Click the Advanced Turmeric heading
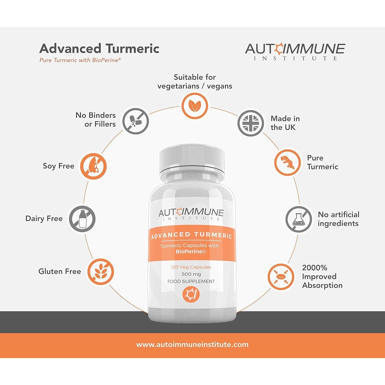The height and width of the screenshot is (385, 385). click(x=99, y=49)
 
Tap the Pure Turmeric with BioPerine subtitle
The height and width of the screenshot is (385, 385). click(x=80, y=60)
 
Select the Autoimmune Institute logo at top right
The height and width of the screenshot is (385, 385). click(x=295, y=51)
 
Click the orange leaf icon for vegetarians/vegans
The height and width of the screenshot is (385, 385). click(x=195, y=106)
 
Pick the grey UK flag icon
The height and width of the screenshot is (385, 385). click(x=251, y=123)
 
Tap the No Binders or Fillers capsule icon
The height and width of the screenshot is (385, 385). click(x=136, y=121)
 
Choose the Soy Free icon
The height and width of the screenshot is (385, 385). click(x=93, y=166)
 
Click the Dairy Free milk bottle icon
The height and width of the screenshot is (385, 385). click(x=82, y=219)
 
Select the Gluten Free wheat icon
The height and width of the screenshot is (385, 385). click(x=100, y=272)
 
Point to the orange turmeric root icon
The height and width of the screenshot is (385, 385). click(x=287, y=162)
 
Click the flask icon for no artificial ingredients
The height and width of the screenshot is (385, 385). click(x=299, y=219)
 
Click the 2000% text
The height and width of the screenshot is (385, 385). click(x=315, y=268)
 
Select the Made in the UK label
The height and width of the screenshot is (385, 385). click(x=285, y=123)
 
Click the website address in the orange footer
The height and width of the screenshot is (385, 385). click(x=192, y=344)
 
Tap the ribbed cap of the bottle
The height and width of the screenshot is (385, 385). click(x=192, y=158)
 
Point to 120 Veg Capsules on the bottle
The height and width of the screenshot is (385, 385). click(x=191, y=267)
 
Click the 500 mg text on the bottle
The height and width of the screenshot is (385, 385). click(x=191, y=274)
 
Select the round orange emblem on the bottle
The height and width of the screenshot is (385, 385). click(x=191, y=294)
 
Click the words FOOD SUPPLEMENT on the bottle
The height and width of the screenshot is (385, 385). click(x=191, y=281)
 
